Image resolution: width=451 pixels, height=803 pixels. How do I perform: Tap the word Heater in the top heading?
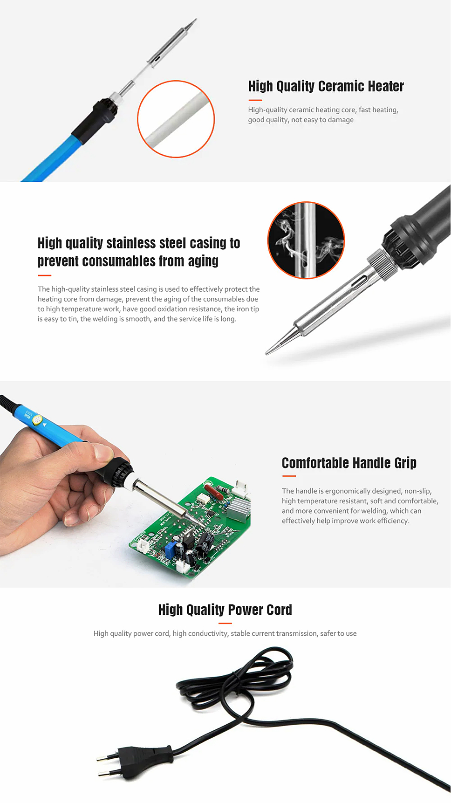(x=386, y=86)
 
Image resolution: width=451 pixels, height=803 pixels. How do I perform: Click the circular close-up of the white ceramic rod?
(x=176, y=119)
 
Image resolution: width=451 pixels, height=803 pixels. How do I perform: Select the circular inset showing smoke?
(x=306, y=240)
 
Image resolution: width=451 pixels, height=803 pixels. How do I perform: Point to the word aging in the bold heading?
(x=203, y=261)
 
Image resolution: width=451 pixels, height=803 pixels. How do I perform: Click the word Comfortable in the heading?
(x=315, y=463)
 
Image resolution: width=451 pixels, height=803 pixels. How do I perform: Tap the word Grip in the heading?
(x=405, y=463)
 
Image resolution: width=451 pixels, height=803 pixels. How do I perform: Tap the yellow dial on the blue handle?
(x=37, y=419)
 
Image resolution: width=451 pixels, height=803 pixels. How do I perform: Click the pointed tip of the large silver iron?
(x=266, y=354)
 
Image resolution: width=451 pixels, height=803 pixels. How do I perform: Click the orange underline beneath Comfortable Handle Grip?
(x=289, y=476)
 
